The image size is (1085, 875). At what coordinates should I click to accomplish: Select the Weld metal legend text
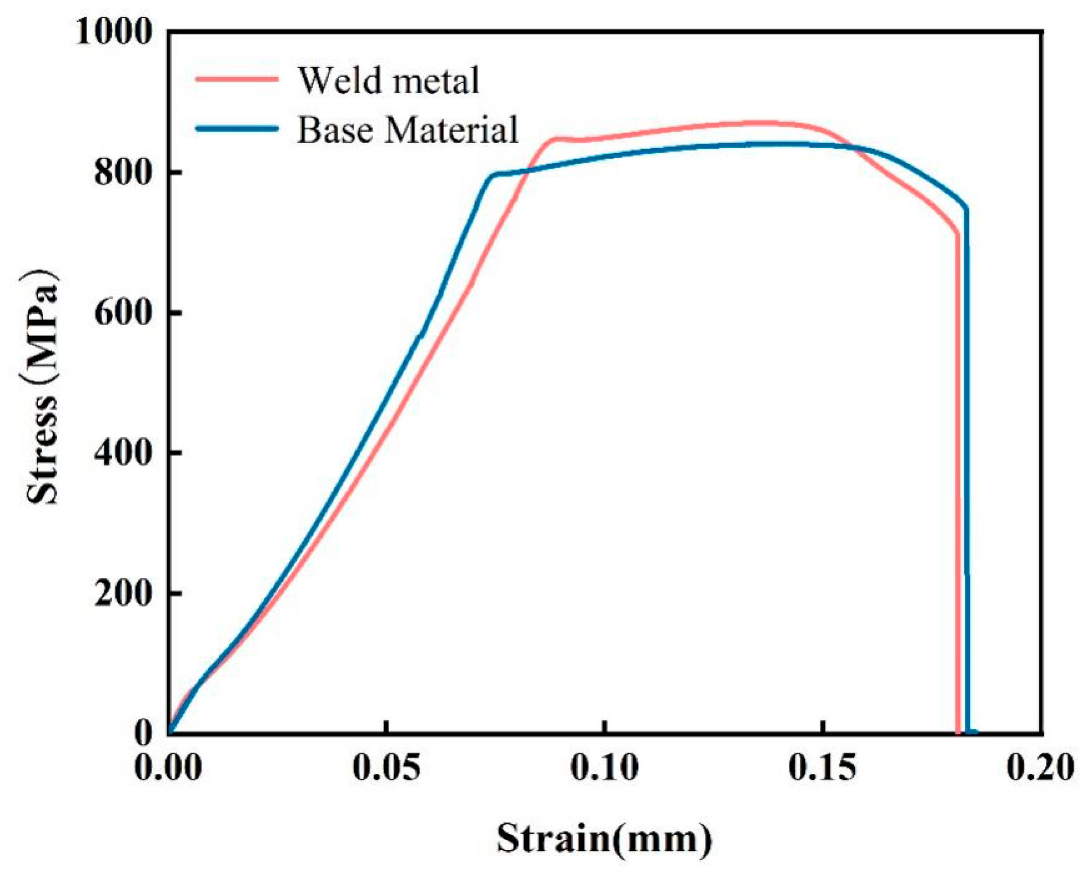[x=388, y=80]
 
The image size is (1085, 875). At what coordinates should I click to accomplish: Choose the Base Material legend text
[x=407, y=129]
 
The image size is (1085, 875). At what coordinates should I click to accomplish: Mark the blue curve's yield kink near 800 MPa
[x=492, y=175]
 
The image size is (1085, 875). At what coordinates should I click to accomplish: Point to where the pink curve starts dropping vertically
[x=957, y=233]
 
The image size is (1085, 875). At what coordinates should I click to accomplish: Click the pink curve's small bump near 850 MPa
[x=555, y=138]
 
